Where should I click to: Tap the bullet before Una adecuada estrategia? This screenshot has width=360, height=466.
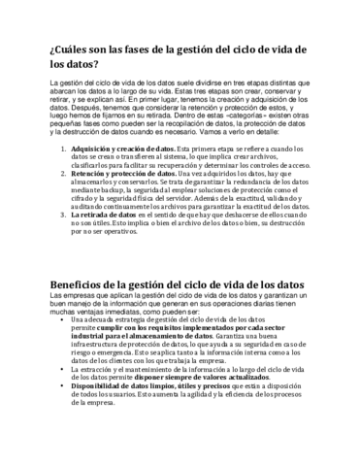[64, 317]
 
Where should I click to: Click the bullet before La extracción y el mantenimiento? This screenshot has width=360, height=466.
[64, 397]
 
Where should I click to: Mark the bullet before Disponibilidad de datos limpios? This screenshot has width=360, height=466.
[64, 418]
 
